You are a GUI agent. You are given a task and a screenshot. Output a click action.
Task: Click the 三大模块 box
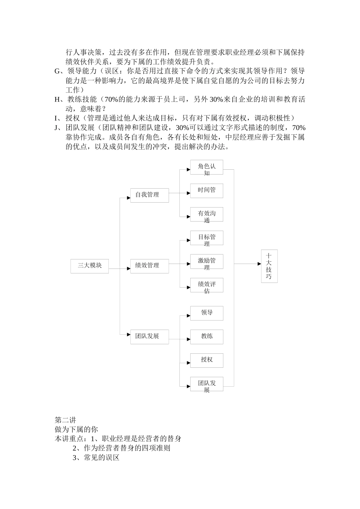pos(90,265)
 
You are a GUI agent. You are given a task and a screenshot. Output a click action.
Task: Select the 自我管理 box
pos(149,195)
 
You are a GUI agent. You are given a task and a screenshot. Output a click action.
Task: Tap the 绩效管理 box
pos(149,265)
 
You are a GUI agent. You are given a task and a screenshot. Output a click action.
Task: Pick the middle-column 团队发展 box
pos(149,336)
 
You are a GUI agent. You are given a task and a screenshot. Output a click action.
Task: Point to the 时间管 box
pos(207,190)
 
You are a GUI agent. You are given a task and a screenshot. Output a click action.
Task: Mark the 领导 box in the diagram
pos(207,313)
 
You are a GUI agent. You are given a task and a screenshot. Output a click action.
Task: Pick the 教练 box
pos(207,336)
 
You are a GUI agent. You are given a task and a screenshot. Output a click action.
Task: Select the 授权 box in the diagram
pos(207,360)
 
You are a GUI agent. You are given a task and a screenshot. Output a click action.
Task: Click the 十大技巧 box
pos(269,266)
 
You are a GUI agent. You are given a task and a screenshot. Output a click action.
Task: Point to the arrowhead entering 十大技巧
pos(259,264)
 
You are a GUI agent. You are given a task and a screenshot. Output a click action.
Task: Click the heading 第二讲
pos(66,420)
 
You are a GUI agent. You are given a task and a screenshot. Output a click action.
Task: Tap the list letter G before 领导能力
pos(58,71)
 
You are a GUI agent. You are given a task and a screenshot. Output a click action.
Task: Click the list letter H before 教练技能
pos(58,100)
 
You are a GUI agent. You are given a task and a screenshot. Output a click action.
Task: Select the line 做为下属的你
pos(76,429)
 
